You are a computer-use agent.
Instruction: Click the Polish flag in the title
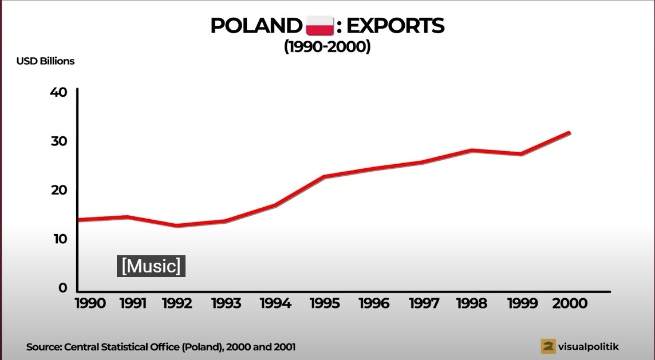point(320,26)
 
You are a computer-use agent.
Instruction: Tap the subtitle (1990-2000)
point(328,47)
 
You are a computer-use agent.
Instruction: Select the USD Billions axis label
point(45,61)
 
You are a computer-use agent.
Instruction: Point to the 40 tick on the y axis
point(59,92)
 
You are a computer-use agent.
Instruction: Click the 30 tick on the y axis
point(59,141)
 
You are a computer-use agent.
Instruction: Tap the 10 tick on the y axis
point(59,239)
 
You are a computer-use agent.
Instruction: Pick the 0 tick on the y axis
point(62,288)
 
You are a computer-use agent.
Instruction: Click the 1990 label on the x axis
point(90,303)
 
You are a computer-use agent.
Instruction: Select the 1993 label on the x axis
point(226,303)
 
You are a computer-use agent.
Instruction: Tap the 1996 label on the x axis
point(374,303)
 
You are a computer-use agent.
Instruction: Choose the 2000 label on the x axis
point(570,303)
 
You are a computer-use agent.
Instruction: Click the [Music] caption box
point(151,266)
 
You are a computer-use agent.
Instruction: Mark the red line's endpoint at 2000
point(569,133)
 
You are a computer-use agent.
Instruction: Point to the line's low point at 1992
point(176,226)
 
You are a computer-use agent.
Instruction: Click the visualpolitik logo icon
point(549,346)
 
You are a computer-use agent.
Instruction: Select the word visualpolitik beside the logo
point(589,346)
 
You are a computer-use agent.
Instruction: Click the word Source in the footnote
point(44,347)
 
